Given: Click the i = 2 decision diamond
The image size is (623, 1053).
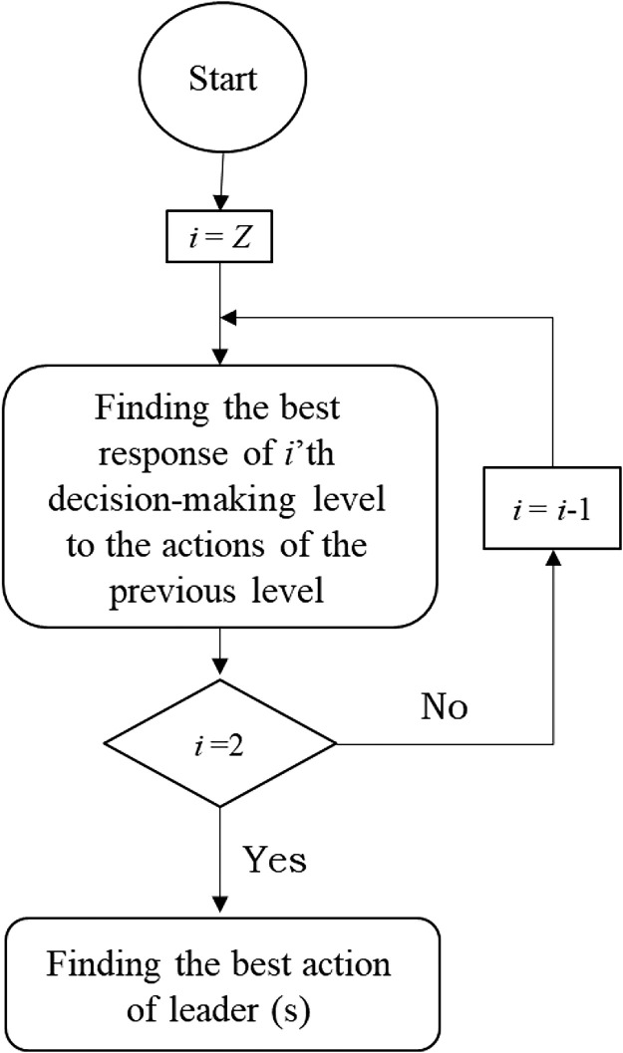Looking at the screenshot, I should pyautogui.click(x=220, y=743).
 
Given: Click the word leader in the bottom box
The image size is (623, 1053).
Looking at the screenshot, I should pyautogui.click(x=239, y=1013).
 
